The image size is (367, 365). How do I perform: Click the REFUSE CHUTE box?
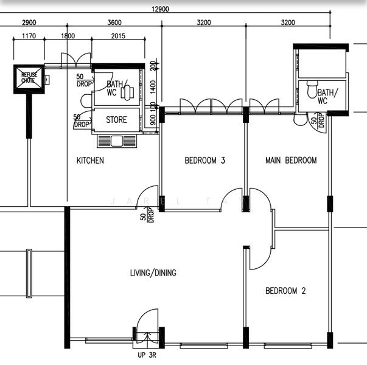[29, 79]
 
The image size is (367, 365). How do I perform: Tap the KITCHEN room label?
[90, 161]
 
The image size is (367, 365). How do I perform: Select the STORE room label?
[116, 120]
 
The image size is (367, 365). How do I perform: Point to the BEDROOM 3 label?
[204, 161]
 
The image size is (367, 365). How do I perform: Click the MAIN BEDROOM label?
[291, 161]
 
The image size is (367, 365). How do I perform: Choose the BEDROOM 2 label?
[285, 291]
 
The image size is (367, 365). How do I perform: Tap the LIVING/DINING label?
[153, 273]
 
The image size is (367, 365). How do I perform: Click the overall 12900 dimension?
[160, 9]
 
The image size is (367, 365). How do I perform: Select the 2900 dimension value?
[29, 23]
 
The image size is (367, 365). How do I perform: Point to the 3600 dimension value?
[114, 23]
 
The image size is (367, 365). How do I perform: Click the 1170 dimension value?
[29, 36]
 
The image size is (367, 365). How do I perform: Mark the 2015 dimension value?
[118, 36]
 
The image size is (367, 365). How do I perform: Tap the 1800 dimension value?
[68, 36]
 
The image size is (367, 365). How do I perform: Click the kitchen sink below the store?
[117, 141]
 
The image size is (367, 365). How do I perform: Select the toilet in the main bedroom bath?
[312, 89]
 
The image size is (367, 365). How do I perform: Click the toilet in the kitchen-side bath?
[127, 92]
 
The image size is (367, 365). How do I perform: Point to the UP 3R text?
[147, 355]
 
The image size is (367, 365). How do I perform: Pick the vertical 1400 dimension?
[153, 87]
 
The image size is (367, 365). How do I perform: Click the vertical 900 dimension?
[153, 120]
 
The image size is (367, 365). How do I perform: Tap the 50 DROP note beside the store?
[81, 120]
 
